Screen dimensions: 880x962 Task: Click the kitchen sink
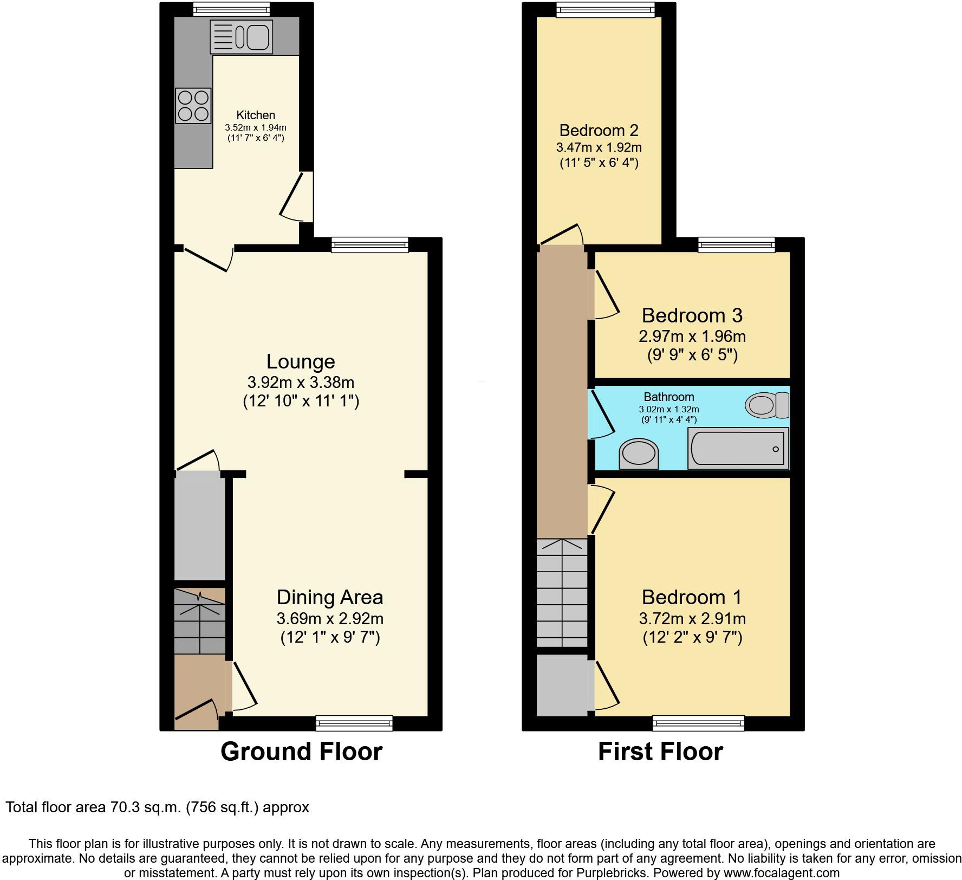tap(241, 37)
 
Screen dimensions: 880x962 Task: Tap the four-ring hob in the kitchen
tap(193, 105)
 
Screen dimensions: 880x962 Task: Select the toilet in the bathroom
tap(767, 405)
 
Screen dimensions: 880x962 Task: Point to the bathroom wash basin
tap(639, 454)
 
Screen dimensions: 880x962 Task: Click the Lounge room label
tap(301, 361)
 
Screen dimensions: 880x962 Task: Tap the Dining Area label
tap(330, 597)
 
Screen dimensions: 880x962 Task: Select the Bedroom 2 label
tap(599, 130)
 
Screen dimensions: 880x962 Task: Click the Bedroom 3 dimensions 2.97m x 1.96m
tap(692, 337)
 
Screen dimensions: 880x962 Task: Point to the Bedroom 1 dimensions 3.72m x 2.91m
tap(692, 618)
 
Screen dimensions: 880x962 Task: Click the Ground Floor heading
tap(301, 752)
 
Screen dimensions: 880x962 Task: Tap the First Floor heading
tap(660, 752)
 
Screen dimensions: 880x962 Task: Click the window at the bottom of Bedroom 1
tap(698, 722)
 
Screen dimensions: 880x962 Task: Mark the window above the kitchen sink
tap(231, 9)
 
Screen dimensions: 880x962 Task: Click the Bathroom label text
tap(668, 397)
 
